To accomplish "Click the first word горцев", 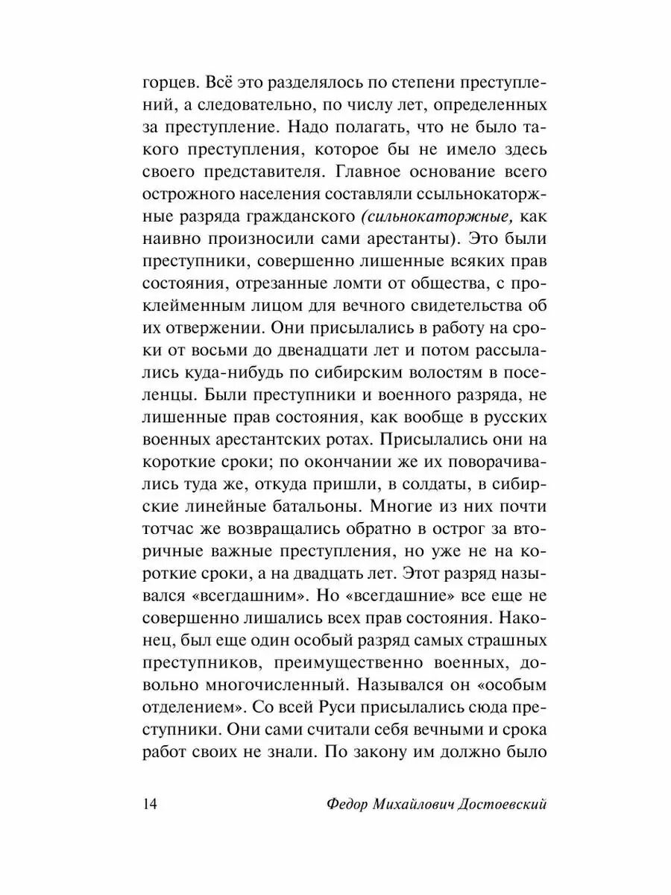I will tap(167, 81).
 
